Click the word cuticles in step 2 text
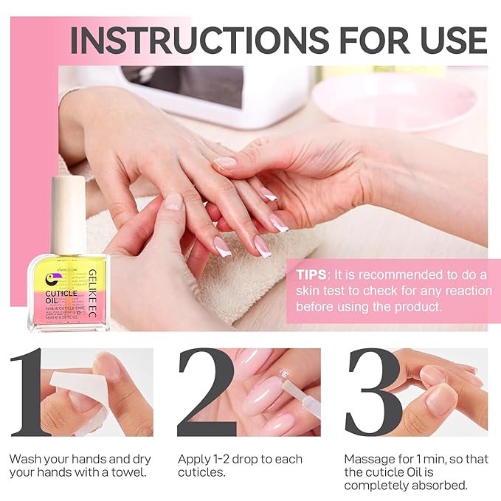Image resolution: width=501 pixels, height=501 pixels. (201, 472)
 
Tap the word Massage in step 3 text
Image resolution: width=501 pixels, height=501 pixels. (370, 459)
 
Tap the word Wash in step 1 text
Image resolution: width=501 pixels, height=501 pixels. (24, 459)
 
